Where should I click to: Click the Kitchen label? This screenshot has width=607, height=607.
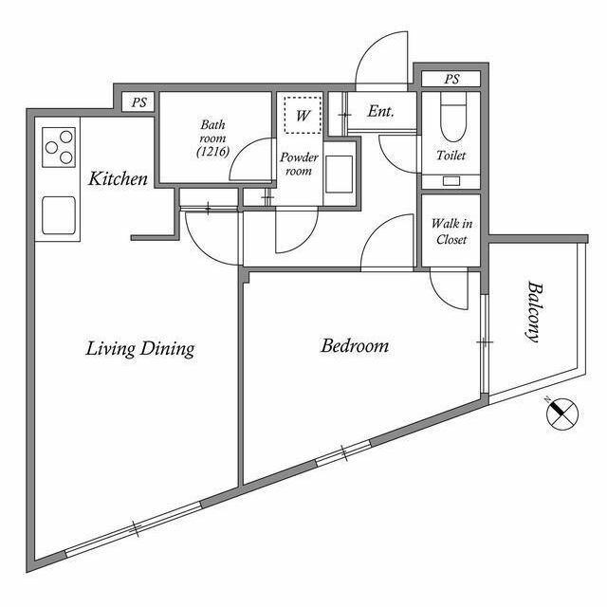pyautogui.click(x=118, y=179)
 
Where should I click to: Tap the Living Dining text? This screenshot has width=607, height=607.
pyautogui.click(x=139, y=348)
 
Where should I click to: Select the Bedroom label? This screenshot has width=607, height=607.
pyautogui.click(x=355, y=345)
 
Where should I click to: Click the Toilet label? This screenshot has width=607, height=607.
pyautogui.click(x=451, y=156)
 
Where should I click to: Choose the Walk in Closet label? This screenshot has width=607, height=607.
pyautogui.click(x=451, y=231)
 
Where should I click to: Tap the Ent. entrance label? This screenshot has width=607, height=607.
pyautogui.click(x=380, y=112)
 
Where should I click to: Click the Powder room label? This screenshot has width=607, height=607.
pyautogui.click(x=299, y=164)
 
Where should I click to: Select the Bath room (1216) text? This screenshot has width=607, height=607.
pyautogui.click(x=212, y=138)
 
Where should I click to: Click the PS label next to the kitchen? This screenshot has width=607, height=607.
pyautogui.click(x=139, y=102)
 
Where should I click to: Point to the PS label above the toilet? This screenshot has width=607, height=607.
pyautogui.click(x=451, y=79)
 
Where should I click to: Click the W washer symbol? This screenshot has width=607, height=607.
pyautogui.click(x=303, y=115)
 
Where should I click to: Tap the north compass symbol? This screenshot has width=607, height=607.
pyautogui.click(x=561, y=414)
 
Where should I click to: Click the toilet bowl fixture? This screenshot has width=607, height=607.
pyautogui.click(x=453, y=117)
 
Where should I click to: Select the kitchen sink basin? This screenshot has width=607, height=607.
pyautogui.click(x=59, y=215)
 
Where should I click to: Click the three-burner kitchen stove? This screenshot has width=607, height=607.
pyautogui.click(x=59, y=147)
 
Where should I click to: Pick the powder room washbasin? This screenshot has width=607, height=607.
pyautogui.click(x=340, y=175)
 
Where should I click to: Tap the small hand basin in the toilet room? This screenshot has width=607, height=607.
pyautogui.click(x=451, y=181)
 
